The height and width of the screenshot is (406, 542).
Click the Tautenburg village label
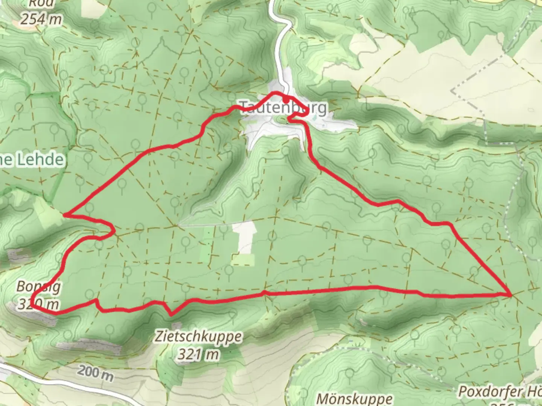point(283,108)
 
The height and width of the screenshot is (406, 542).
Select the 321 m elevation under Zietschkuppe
point(198,354)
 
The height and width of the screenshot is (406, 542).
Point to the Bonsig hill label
point(38,287)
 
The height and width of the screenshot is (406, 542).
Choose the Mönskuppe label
point(355,398)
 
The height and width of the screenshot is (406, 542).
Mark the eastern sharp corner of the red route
point(510,295)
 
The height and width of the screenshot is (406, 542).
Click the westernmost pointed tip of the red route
point(65,215)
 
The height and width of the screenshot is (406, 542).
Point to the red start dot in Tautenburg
point(286,100)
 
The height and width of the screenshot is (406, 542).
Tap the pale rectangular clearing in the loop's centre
point(245,238)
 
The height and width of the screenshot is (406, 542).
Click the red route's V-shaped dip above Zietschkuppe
point(171,314)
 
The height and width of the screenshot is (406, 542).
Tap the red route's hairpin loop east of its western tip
point(110,230)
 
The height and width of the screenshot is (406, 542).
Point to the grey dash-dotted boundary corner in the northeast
point(453,91)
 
